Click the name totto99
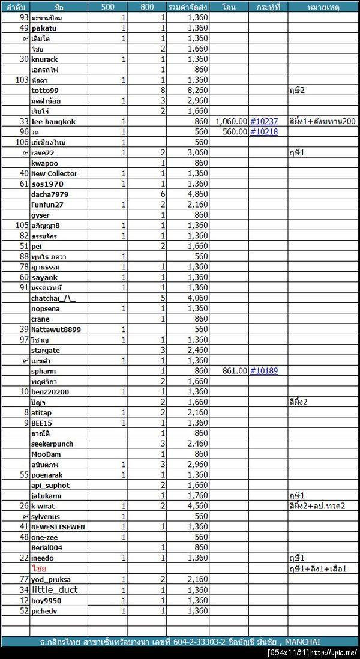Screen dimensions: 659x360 45,90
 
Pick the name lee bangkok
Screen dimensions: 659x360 53,121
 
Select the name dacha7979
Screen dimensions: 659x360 49,194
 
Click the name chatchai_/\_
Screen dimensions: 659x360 53,298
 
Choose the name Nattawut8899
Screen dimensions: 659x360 56,329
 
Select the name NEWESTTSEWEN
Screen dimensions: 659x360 58,527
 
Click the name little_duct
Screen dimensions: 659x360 55,589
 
